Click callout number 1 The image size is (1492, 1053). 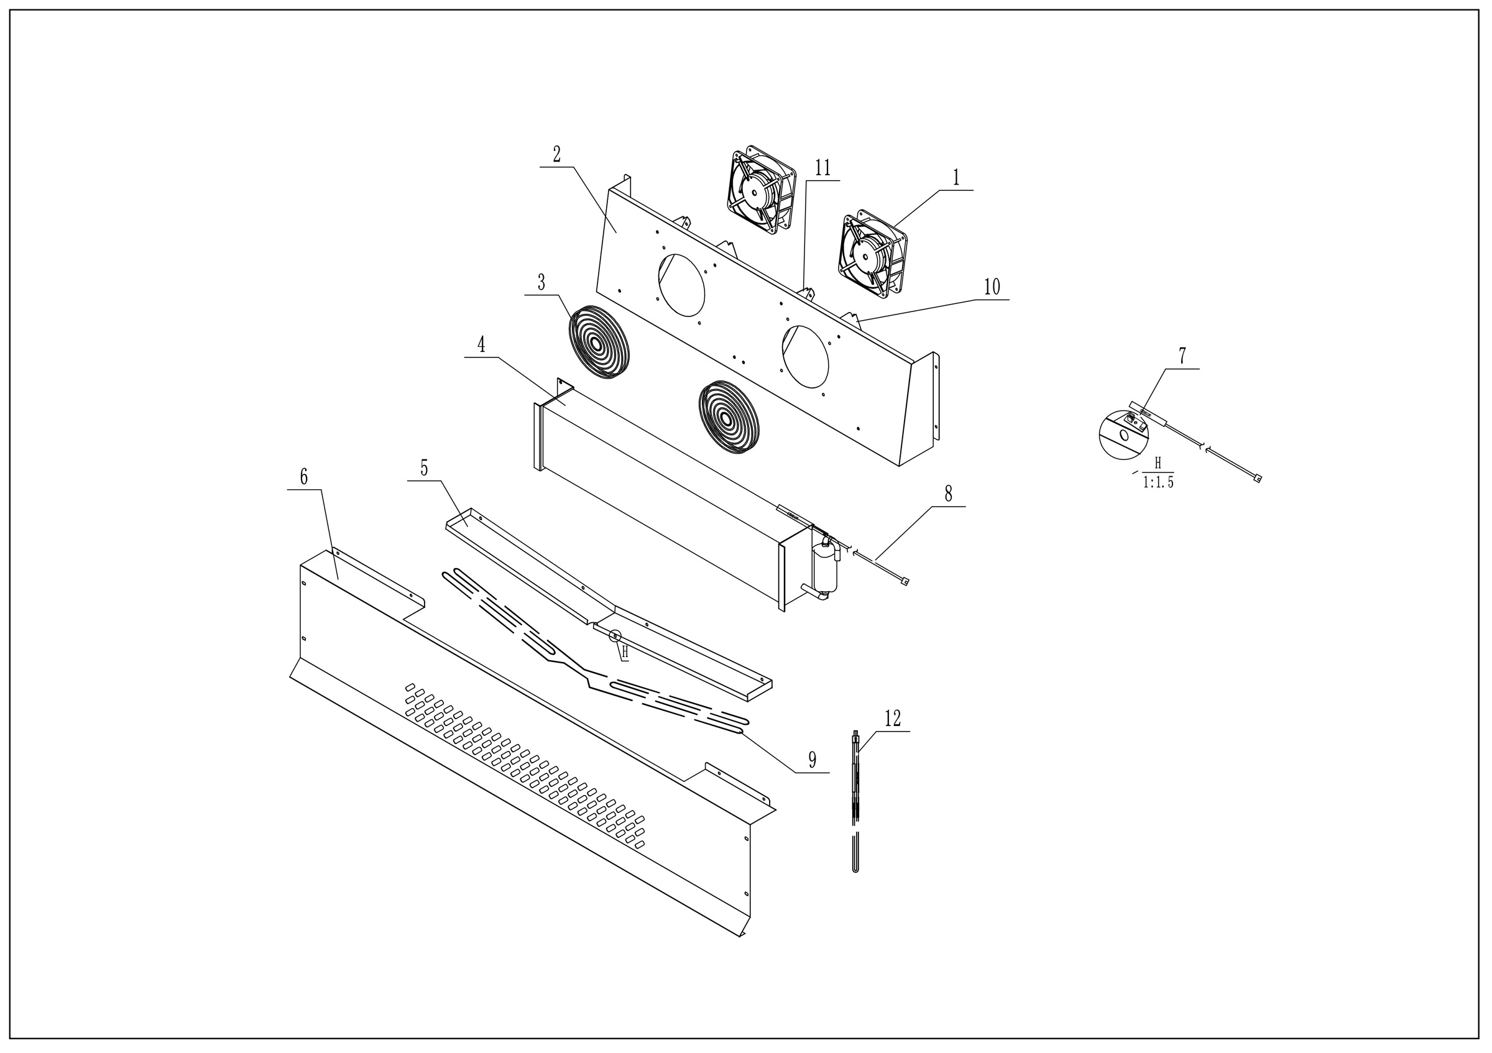tap(956, 177)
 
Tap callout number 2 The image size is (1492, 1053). tap(557, 155)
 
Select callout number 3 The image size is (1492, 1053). tap(541, 283)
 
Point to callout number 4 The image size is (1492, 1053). tap(482, 344)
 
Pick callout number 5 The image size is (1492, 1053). tap(425, 467)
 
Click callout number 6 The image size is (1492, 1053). tap(304, 477)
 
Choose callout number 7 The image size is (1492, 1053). tap(1182, 356)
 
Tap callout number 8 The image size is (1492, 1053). tap(948, 494)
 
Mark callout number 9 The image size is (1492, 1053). tap(813, 759)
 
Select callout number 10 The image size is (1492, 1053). tap(992, 287)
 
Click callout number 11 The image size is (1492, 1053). tap(822, 168)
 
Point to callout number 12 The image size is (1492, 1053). tap(893, 719)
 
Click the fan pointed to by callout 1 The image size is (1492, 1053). tap(873, 254)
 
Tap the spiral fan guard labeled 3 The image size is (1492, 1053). tap(598, 342)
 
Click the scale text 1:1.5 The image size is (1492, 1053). tap(1159, 482)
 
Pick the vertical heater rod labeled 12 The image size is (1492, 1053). tap(856, 802)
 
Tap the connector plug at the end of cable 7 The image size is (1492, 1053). tap(1258, 479)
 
